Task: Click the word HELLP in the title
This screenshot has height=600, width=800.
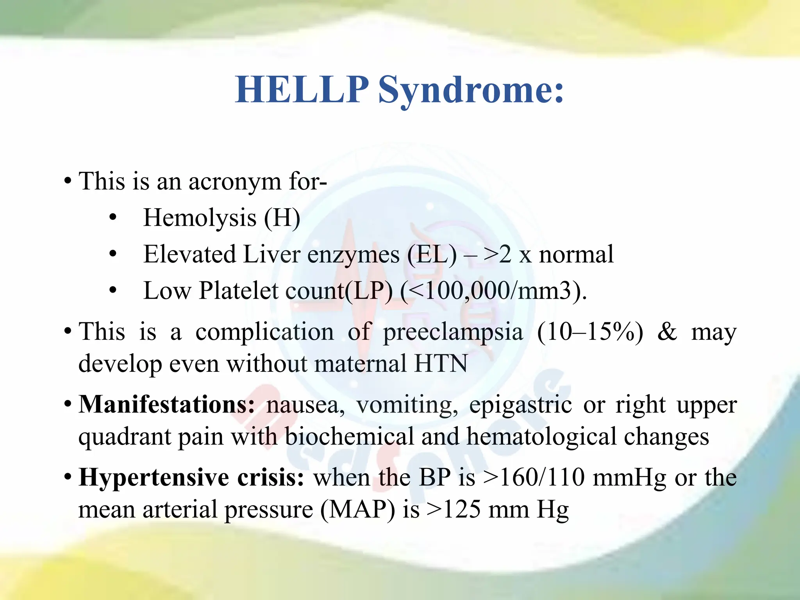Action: coord(302,90)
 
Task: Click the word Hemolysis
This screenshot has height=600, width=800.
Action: coord(200,218)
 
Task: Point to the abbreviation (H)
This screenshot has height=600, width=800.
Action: coord(282,218)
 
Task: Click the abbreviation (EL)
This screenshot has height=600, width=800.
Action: coord(432,255)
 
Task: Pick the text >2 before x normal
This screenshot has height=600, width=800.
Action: coord(497,255)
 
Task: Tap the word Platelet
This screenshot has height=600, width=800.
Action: coord(238,291)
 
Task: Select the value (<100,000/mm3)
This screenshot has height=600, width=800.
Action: coord(493,291)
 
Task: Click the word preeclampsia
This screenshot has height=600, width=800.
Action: coord(453,332)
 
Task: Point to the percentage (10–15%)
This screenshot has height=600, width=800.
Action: coord(590,332)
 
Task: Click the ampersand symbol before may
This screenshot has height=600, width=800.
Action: coord(667,332)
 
